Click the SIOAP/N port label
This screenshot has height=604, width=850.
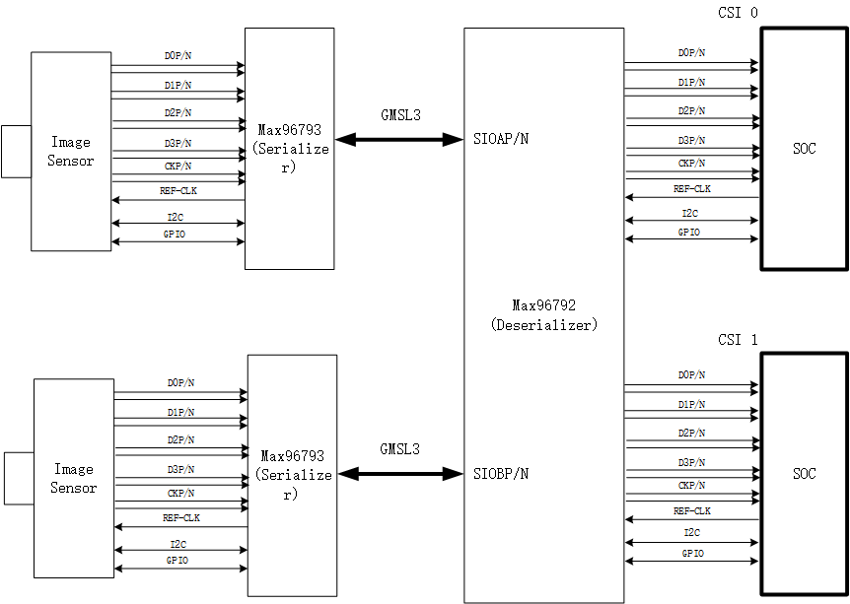pyautogui.click(x=501, y=139)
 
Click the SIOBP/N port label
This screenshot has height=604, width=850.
pyautogui.click(x=501, y=474)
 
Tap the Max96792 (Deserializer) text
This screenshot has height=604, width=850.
pyautogui.click(x=543, y=315)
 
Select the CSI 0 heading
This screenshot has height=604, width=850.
pyautogui.click(x=738, y=12)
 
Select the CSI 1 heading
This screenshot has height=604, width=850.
pyautogui.click(x=738, y=340)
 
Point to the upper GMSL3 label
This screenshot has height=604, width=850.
pyautogui.click(x=400, y=115)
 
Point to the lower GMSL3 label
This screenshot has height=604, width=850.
pyautogui.click(x=400, y=449)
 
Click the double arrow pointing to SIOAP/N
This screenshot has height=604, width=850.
pyautogui.click(x=400, y=140)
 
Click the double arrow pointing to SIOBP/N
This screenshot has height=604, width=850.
pyautogui.click(x=400, y=474)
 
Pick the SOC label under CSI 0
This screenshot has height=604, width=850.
pyautogui.click(x=804, y=150)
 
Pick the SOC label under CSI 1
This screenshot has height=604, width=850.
pyautogui.click(x=804, y=474)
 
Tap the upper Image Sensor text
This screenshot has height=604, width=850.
pyautogui.click(x=71, y=152)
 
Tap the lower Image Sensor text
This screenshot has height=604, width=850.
pyautogui.click(x=74, y=479)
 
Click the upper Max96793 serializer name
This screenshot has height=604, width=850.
pyautogui.click(x=290, y=130)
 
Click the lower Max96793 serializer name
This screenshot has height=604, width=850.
pyautogui.click(x=293, y=456)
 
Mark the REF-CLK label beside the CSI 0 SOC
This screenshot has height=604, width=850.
pyautogui.click(x=692, y=189)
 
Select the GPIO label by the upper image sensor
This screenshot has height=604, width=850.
pyautogui.click(x=175, y=235)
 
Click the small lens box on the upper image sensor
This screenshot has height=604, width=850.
pyautogui.click(x=16, y=152)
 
